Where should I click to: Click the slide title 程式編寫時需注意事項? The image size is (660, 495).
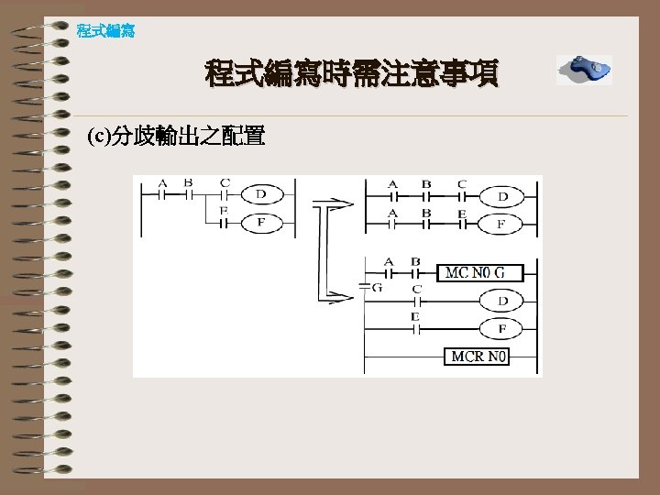point(352,72)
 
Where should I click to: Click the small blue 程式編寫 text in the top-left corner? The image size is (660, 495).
point(105,31)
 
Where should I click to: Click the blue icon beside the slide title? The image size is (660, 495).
point(584,70)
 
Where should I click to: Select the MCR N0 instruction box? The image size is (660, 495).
point(478,356)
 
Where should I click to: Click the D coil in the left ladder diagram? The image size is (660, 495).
point(260,194)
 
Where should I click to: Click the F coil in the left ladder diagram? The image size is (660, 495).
point(260,221)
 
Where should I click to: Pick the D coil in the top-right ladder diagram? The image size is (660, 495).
point(502,196)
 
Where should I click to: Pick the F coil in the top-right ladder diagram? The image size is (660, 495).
point(502,224)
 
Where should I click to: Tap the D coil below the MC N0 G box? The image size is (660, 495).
point(502,301)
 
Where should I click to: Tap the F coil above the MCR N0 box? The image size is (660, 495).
point(502,328)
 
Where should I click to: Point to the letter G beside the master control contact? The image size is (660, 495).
point(378,287)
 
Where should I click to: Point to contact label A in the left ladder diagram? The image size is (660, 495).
point(162,182)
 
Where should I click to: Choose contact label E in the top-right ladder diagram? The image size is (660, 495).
point(462,213)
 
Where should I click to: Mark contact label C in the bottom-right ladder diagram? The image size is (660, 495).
point(417,290)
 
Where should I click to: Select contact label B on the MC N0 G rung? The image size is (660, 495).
point(415,262)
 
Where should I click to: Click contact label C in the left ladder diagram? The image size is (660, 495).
point(225,182)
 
